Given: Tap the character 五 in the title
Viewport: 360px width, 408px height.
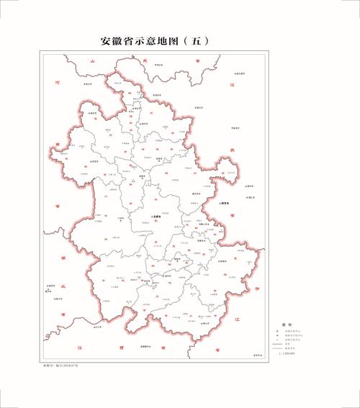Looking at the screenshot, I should click(197, 41).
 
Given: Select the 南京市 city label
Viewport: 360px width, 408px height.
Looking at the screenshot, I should click(228, 204).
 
